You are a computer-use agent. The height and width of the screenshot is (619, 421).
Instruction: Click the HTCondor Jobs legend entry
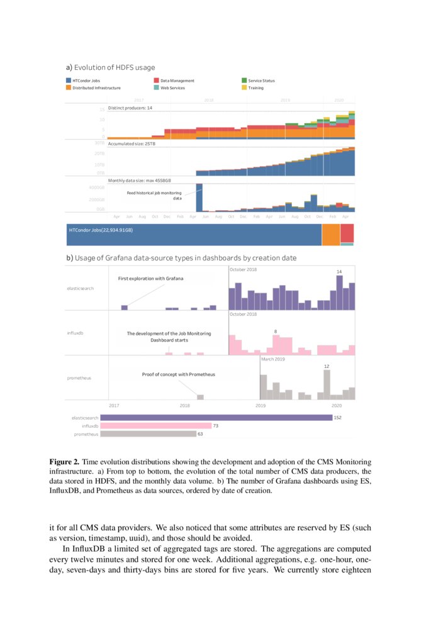86,81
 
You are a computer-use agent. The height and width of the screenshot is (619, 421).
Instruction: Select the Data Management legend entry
177,81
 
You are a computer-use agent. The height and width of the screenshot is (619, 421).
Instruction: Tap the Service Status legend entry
261,81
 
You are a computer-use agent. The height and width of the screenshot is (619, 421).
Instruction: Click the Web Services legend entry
172,88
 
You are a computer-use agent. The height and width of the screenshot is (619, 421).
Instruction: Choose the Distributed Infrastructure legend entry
96,88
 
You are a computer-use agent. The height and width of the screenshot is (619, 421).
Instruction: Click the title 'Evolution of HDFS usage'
114,67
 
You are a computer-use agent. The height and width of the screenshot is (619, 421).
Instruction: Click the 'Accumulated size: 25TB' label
132,144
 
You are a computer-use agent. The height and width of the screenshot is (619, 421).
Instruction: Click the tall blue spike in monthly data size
199,198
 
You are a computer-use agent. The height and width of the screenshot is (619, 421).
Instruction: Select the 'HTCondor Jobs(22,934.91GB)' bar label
101,230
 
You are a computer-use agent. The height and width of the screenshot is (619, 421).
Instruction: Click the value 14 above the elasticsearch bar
339,271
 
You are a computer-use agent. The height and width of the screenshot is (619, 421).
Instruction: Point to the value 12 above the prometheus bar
327,365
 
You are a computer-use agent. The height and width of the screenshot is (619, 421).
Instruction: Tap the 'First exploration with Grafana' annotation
150,278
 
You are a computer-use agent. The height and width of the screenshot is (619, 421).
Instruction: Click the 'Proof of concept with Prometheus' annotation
178,374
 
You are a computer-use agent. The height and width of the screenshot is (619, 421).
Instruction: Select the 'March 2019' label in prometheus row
273,360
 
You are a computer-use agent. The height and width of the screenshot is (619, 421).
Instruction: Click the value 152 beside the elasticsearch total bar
337,417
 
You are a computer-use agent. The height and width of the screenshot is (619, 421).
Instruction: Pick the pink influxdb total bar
155,426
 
